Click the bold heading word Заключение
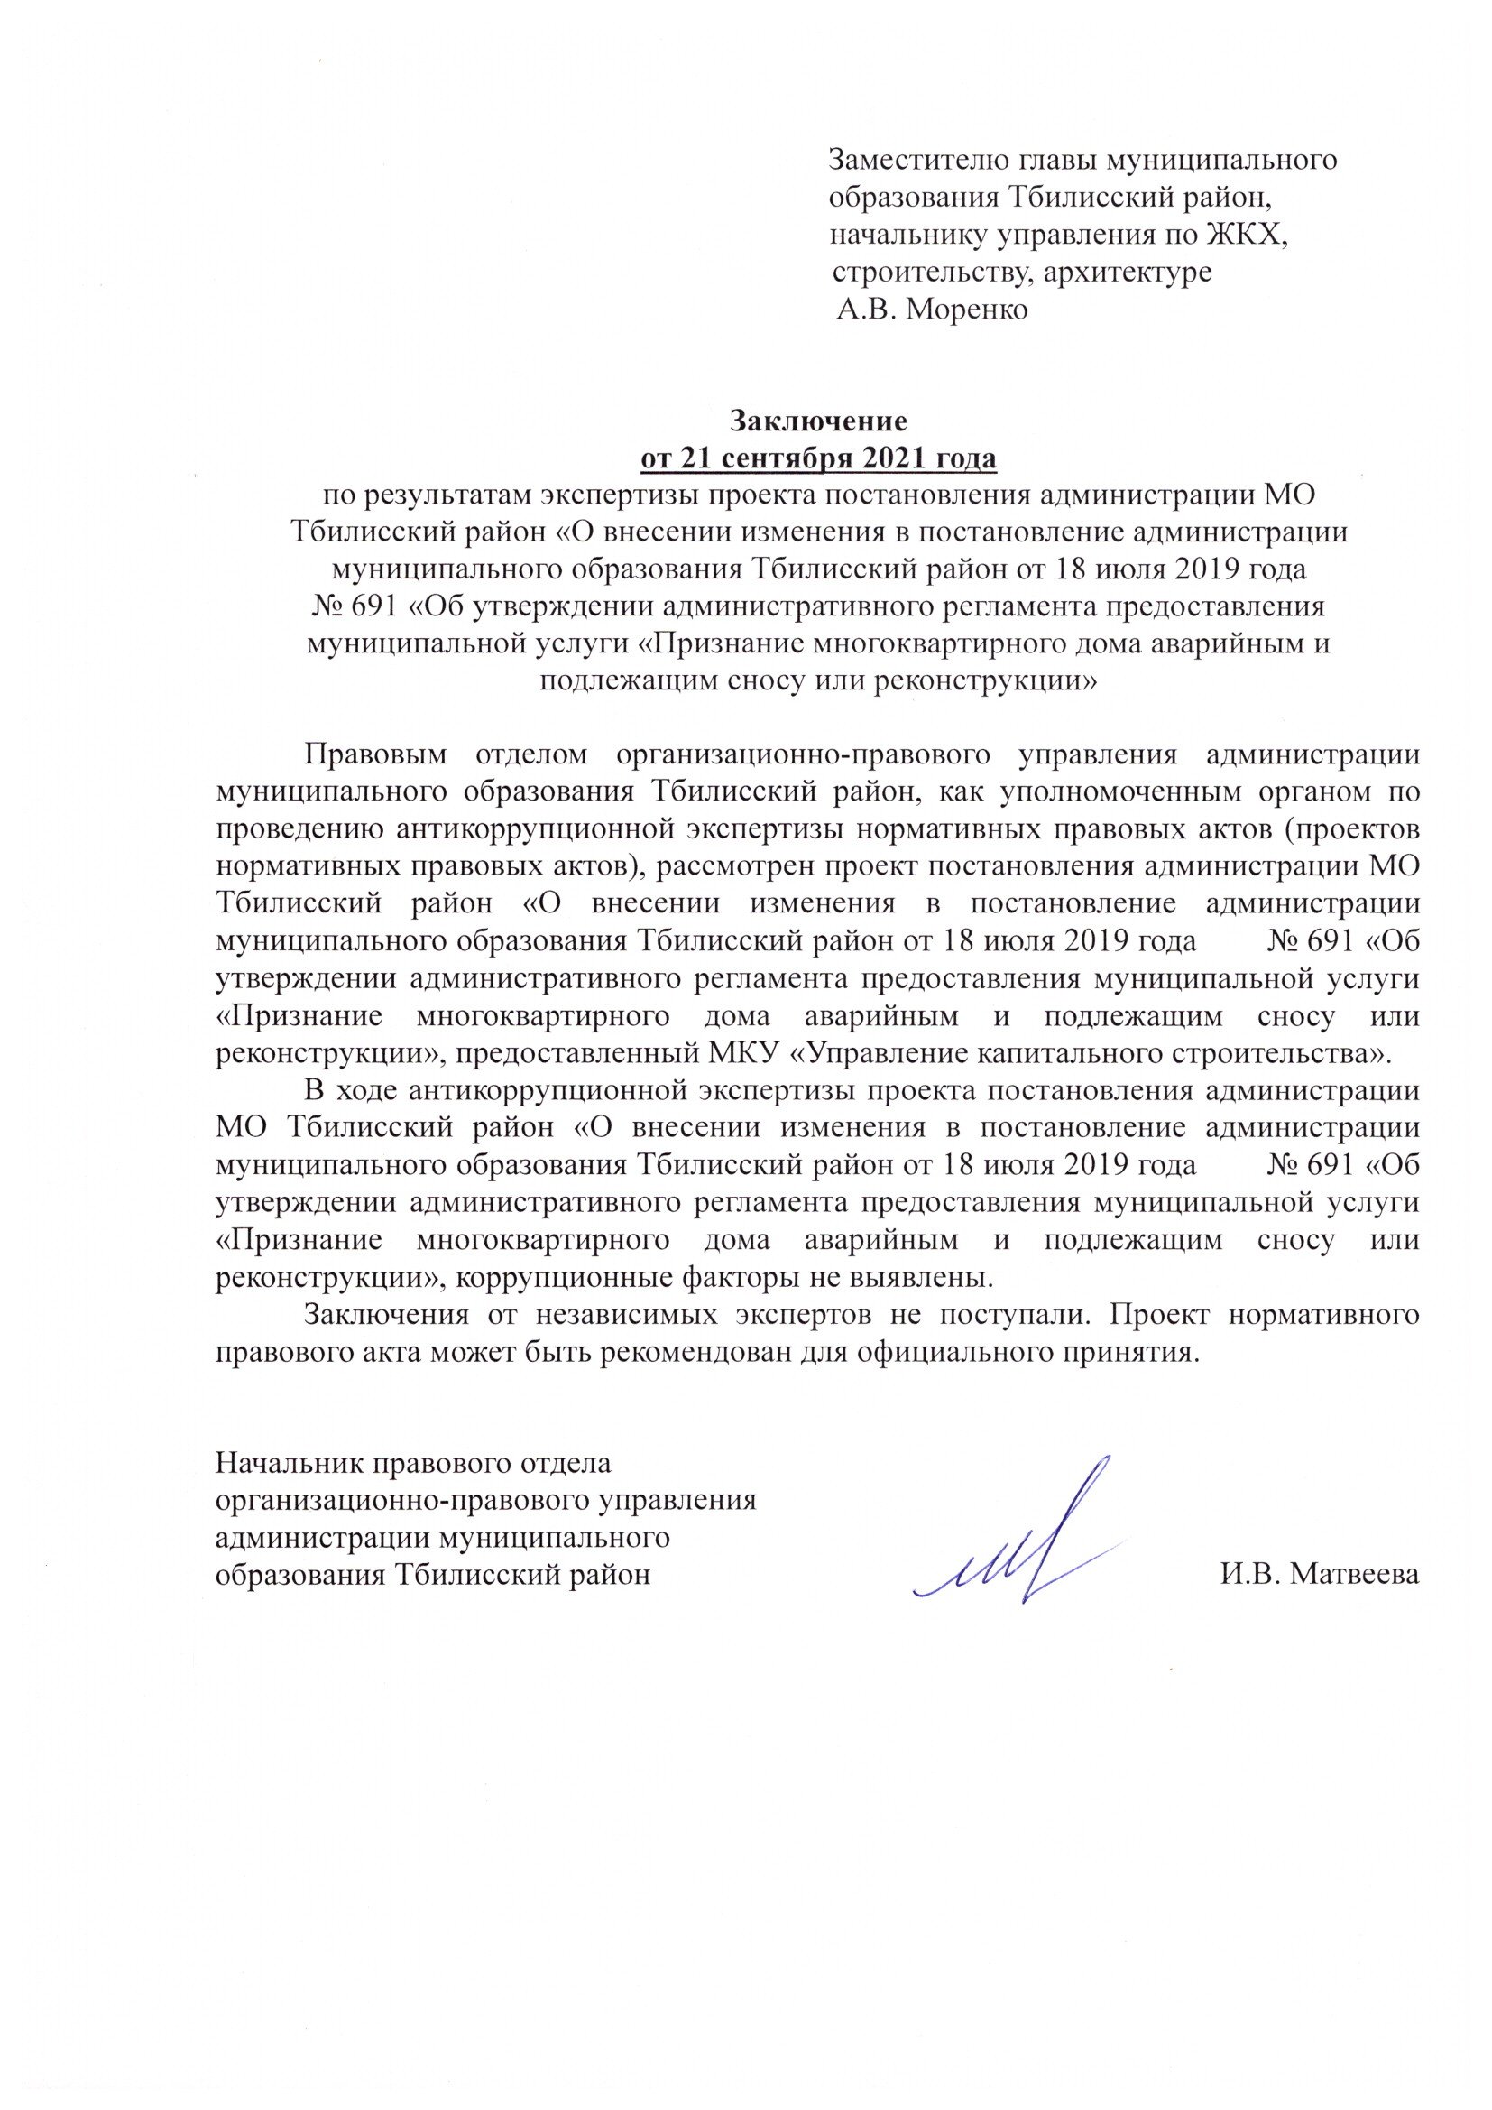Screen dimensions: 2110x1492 click(x=817, y=421)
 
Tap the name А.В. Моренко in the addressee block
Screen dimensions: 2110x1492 click(x=933, y=310)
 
